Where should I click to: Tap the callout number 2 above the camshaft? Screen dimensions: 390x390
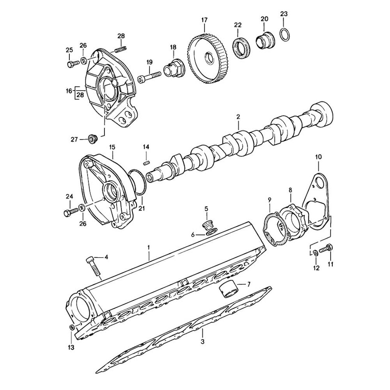(238, 117)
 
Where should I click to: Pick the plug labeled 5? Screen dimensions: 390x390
(207, 225)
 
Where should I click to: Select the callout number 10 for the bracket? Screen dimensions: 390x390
(319, 157)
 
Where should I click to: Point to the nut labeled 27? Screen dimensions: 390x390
(92, 138)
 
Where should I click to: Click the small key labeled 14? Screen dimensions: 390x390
(147, 163)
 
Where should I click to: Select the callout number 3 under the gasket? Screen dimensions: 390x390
(202, 342)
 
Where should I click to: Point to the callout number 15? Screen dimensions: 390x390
(112, 147)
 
